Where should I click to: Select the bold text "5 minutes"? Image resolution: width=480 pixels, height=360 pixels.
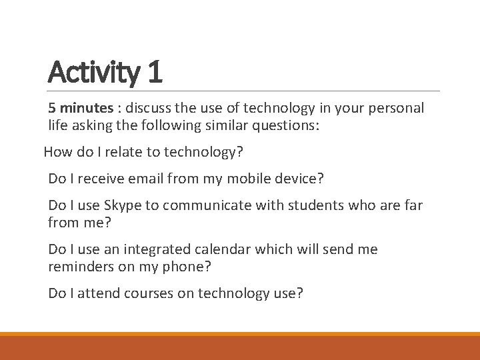pos(77,108)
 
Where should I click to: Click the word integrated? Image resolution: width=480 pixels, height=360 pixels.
pos(158,249)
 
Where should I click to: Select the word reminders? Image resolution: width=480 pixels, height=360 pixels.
pos(79,267)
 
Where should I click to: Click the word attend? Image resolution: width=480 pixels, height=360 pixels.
pos(95,293)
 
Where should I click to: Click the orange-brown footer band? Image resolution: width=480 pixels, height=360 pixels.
pos(240,348)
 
